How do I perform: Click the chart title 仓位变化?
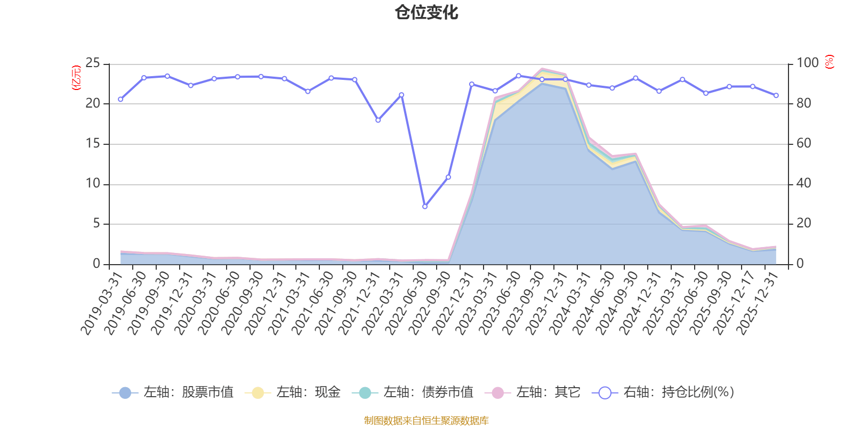(426, 12)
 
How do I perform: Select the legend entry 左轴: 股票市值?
(173, 393)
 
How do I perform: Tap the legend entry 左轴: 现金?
(293, 393)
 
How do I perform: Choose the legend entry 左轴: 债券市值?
(413, 393)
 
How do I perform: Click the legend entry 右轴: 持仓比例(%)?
(663, 393)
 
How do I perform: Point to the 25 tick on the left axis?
(93, 63)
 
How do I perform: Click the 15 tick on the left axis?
(93, 144)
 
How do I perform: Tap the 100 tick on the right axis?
(807, 63)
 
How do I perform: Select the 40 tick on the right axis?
(803, 184)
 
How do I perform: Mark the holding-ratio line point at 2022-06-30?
(425, 207)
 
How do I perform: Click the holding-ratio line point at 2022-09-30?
(448, 177)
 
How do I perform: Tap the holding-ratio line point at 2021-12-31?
(378, 120)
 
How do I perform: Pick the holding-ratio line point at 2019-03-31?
(120, 100)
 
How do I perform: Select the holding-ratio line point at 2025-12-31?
(776, 95)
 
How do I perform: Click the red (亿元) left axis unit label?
(76, 78)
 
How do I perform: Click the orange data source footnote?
(426, 421)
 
